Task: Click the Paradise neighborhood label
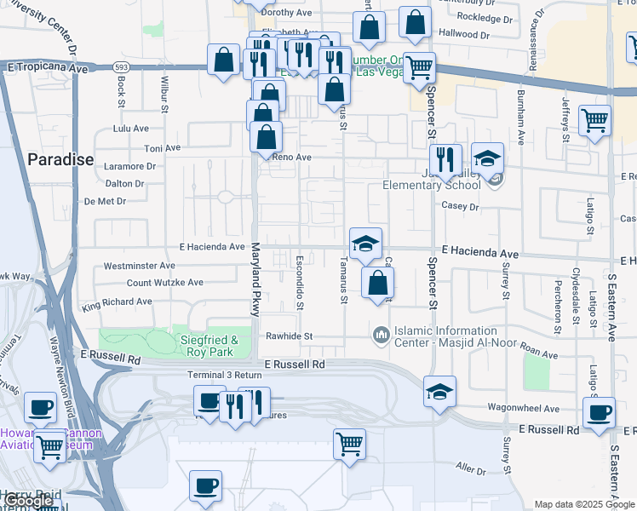[60, 159]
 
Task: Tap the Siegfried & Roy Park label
[209, 346]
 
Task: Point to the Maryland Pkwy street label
[255, 280]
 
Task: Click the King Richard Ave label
[118, 303]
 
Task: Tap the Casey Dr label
[461, 206]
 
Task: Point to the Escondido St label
[300, 281]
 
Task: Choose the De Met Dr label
[106, 202]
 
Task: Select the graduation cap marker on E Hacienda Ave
[365, 244]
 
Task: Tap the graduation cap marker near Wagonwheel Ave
[439, 392]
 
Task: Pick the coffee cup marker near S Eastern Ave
[598, 413]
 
